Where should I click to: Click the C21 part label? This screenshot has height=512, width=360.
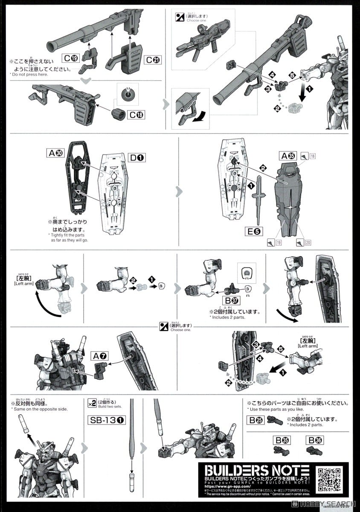pos(153,60)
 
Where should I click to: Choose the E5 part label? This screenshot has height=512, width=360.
pos(253,232)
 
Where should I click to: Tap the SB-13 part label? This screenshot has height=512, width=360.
pos(107,420)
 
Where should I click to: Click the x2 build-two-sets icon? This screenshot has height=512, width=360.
pos(92,403)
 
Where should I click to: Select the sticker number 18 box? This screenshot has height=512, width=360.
pos(313,157)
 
